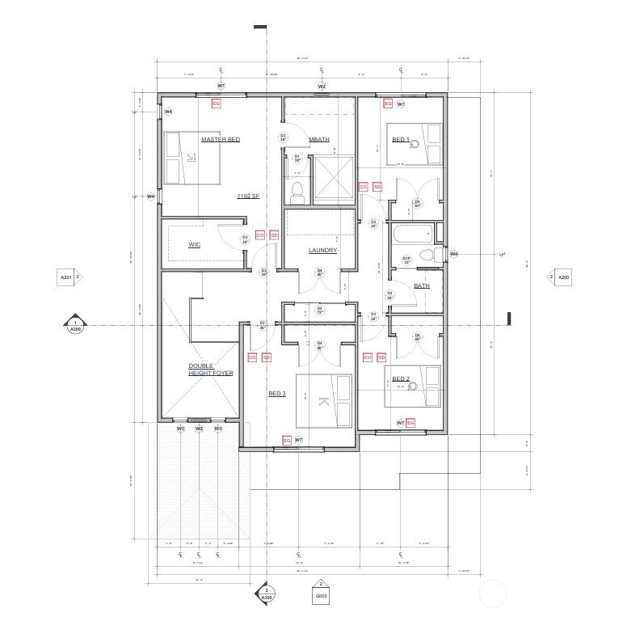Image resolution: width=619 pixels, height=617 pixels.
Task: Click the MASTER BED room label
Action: pyautogui.click(x=220, y=139)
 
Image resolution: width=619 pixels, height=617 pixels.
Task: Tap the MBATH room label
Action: pyautogui.click(x=319, y=139)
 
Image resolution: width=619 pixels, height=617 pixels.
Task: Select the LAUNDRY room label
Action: pyautogui.click(x=322, y=250)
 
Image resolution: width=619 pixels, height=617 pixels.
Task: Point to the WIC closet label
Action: pyautogui.click(x=194, y=244)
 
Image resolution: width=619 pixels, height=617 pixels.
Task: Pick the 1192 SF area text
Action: pyautogui.click(x=247, y=197)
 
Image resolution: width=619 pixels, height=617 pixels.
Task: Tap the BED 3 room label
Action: pyautogui.click(x=276, y=394)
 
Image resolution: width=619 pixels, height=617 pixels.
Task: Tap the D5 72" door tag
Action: pyautogui.click(x=319, y=310)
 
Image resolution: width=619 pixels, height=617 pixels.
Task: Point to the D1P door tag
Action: pyautogui.click(x=407, y=260)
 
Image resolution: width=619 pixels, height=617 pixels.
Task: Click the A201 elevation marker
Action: pyautogui.click(x=67, y=277)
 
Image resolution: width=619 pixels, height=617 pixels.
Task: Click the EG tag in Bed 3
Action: pyautogui.click(x=286, y=440)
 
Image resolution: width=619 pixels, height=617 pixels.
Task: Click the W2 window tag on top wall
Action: pyautogui.click(x=321, y=86)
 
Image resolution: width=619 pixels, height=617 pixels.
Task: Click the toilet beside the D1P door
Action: pyautogui.click(x=437, y=255)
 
